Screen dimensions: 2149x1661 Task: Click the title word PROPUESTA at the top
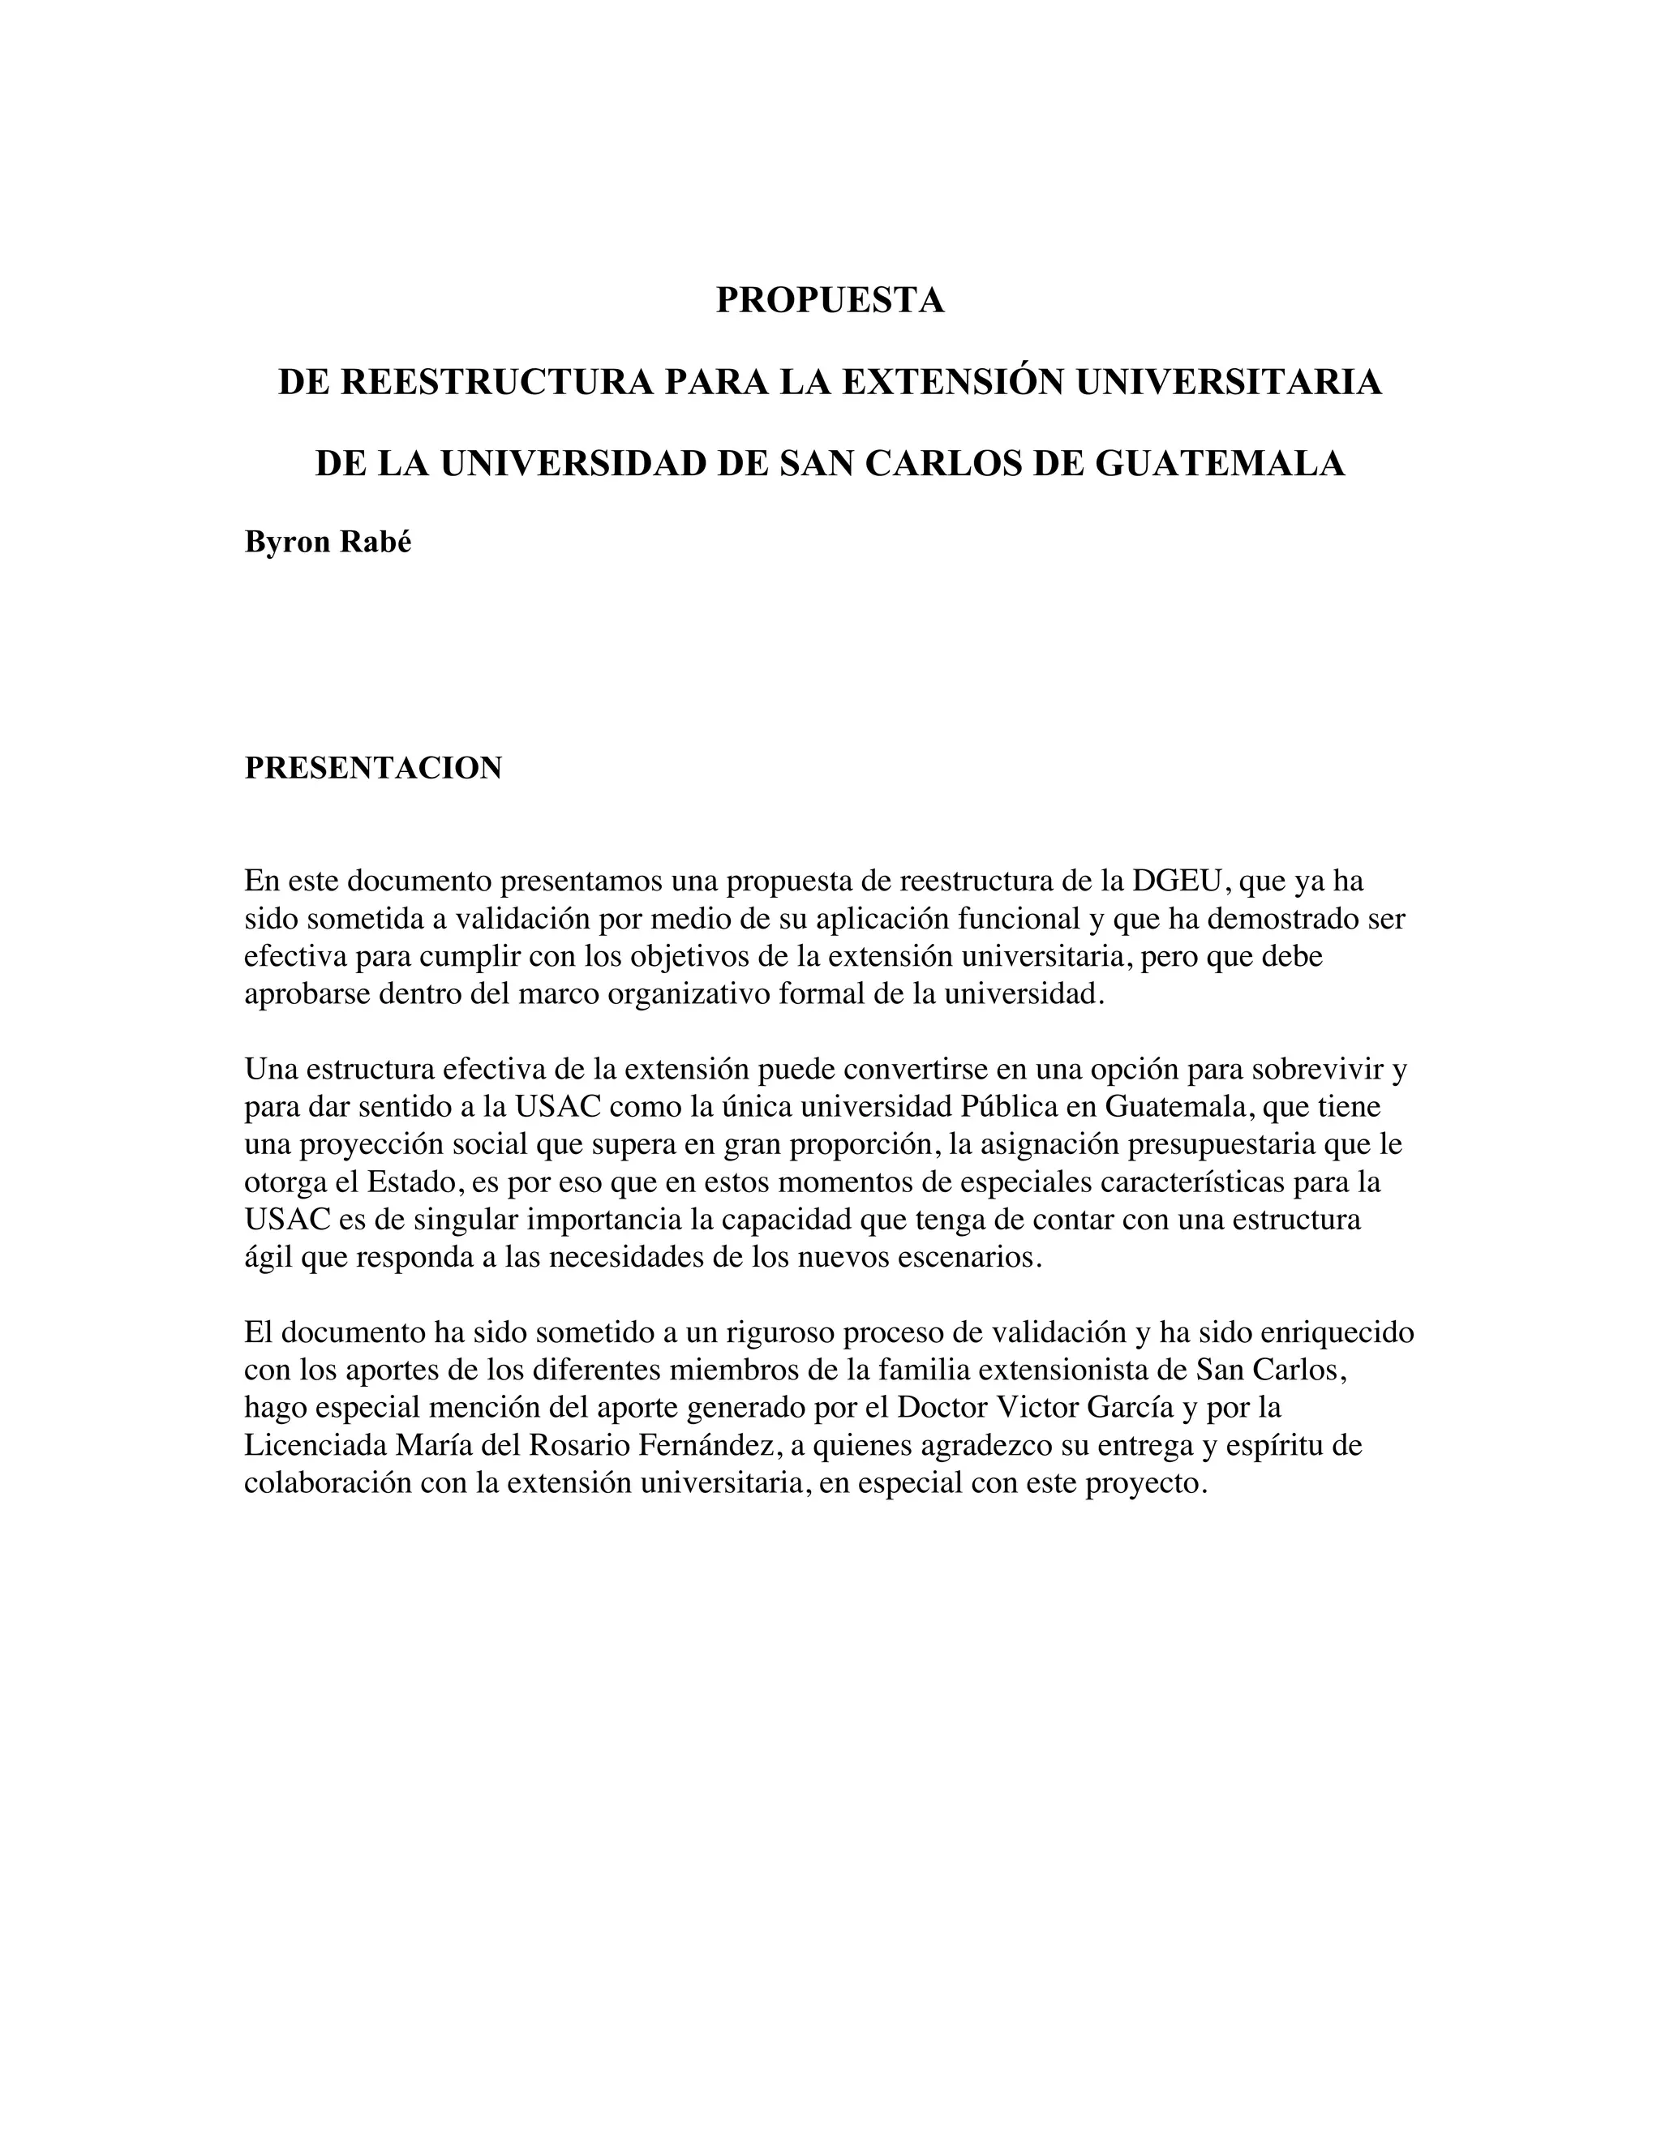pyautogui.click(x=830, y=300)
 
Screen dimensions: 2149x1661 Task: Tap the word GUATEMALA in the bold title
pyautogui.click(x=1219, y=463)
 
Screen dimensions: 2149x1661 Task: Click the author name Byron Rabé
pyautogui.click(x=328, y=543)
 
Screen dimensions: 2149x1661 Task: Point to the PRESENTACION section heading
pyautogui.click(x=373, y=769)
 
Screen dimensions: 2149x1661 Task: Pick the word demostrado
pyautogui.click(x=1286, y=918)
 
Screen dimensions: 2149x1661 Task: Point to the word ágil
pyautogui.click(x=268, y=1258)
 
